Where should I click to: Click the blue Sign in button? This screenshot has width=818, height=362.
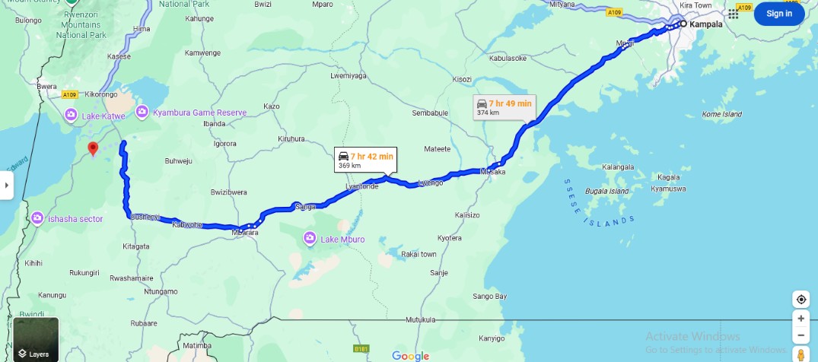[778, 14]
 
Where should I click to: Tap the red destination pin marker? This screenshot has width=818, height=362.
[93, 148]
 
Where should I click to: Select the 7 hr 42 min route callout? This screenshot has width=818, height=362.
[366, 160]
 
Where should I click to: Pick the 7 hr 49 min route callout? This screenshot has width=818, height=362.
[504, 107]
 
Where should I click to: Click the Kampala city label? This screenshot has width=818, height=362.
[705, 24]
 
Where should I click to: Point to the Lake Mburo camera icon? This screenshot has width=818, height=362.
[310, 240]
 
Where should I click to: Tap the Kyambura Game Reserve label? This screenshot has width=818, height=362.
[199, 113]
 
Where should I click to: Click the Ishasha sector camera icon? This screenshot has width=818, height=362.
[37, 220]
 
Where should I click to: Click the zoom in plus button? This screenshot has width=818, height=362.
[800, 319]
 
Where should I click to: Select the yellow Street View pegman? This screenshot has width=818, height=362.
[800, 354]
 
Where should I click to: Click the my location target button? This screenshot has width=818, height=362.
[800, 299]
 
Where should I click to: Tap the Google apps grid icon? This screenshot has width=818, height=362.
[734, 14]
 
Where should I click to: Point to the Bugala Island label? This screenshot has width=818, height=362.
[607, 191]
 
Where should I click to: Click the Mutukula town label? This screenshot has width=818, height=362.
[420, 320]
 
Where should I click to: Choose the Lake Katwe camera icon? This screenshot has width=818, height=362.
[71, 115]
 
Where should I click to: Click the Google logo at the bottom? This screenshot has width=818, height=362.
[411, 355]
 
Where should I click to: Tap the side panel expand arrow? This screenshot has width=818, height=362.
[6, 185]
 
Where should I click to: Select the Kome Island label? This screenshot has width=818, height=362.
[721, 115]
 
